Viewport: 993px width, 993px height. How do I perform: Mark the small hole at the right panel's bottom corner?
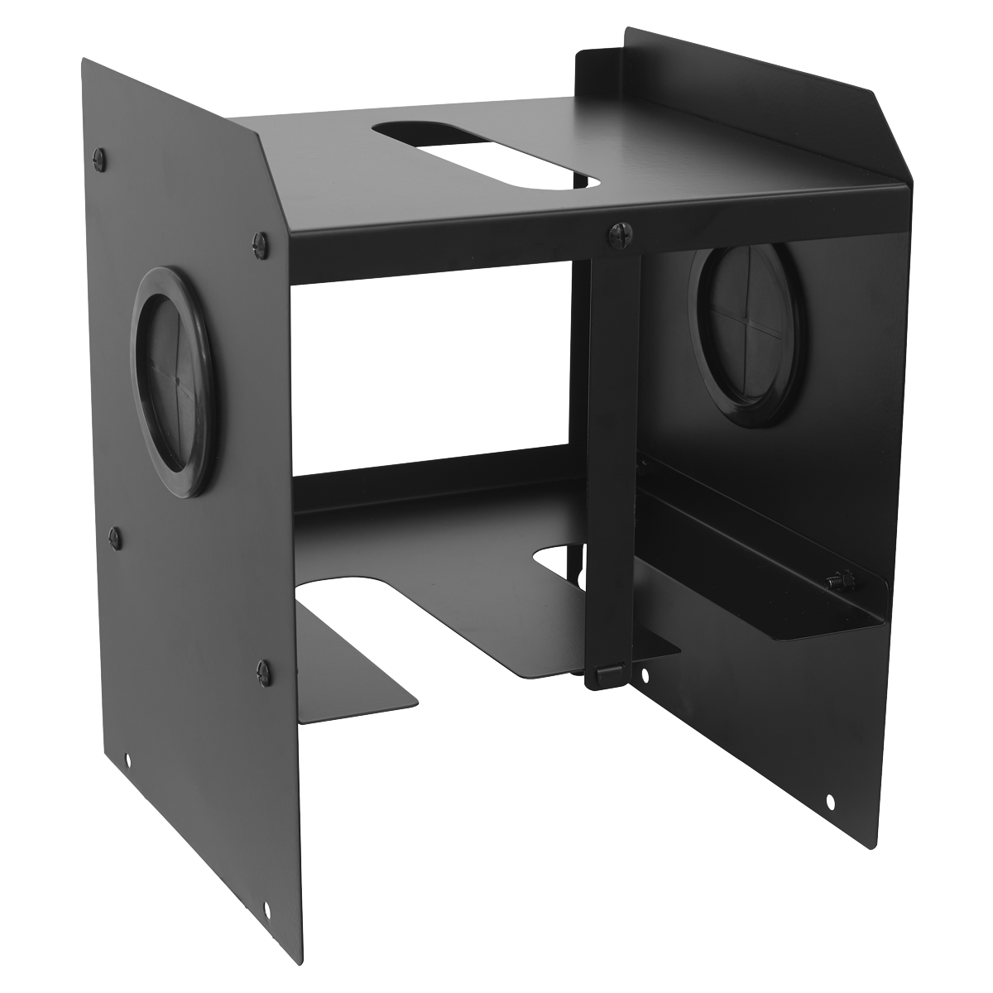click(830, 801)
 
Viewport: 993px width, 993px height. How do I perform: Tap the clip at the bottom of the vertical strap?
click(602, 676)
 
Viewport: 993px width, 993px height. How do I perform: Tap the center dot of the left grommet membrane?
click(176, 381)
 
